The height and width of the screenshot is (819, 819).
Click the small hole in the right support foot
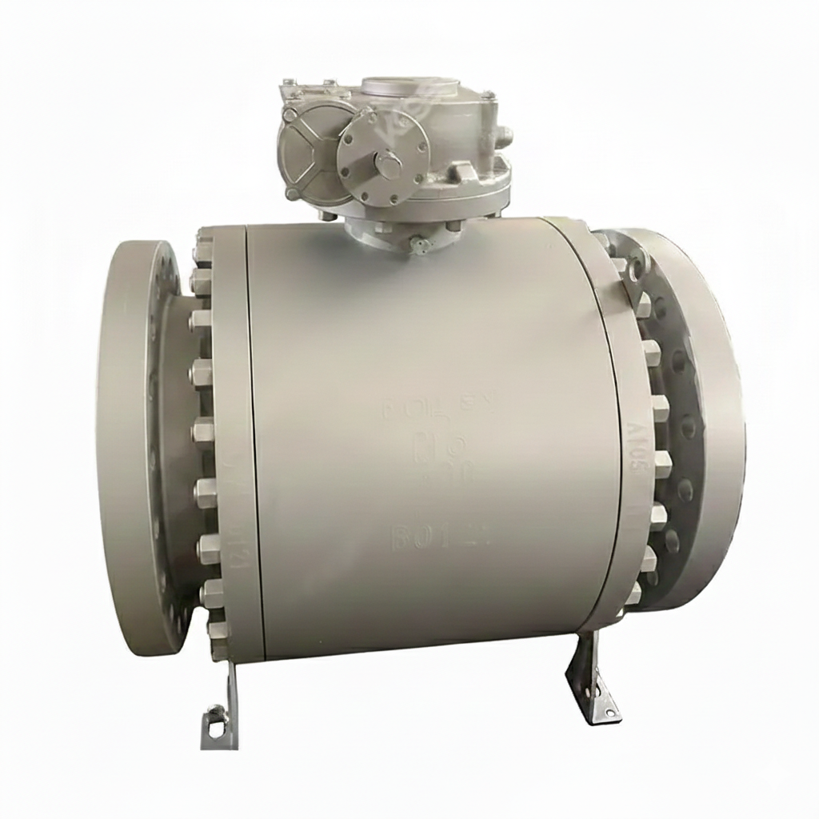(x=595, y=684)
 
